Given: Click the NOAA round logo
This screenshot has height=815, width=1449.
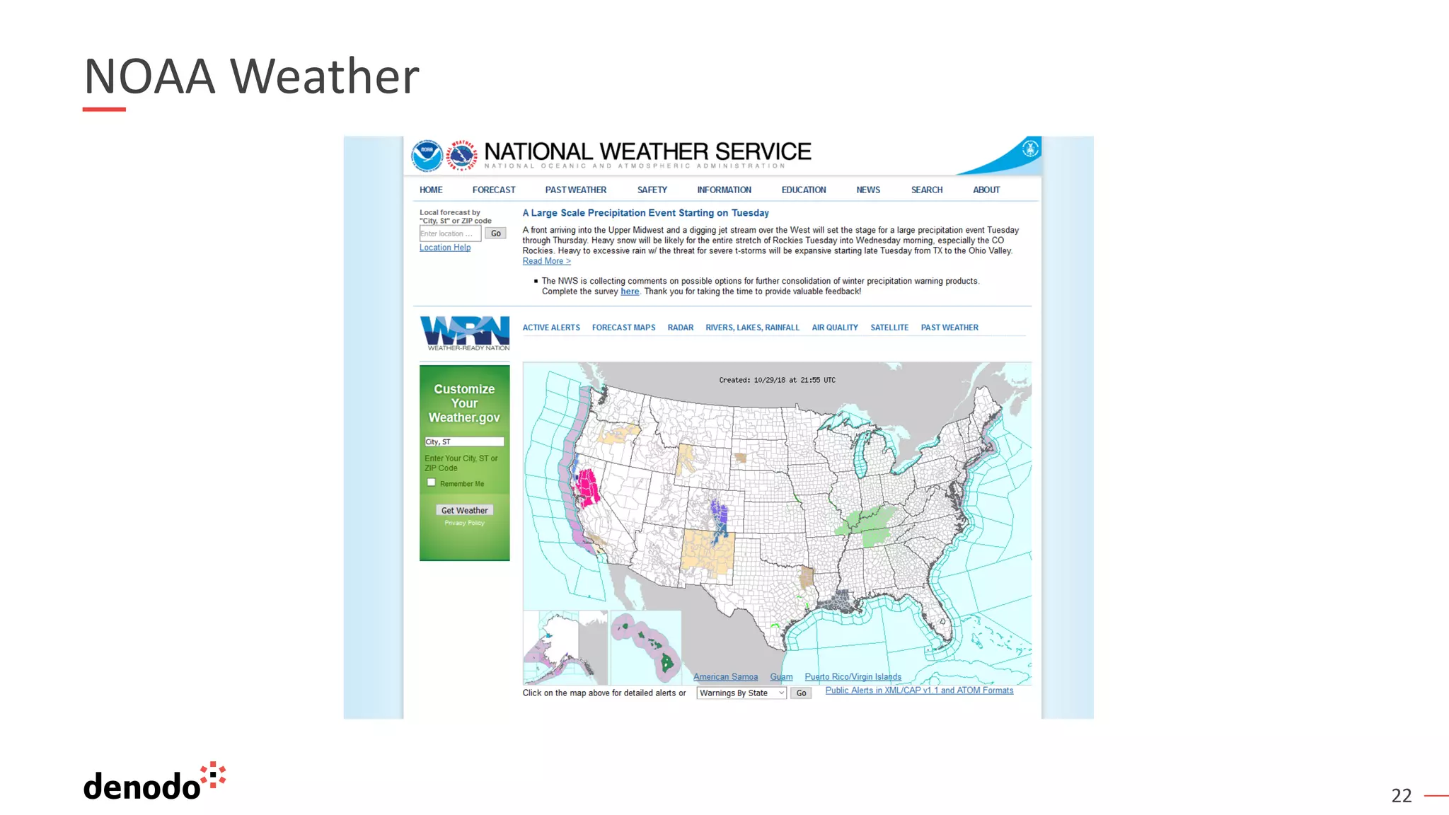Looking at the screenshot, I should tap(427, 155).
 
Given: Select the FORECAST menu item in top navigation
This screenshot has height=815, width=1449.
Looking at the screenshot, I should tap(494, 190).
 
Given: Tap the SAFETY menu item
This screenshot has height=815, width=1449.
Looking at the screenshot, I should tap(652, 190).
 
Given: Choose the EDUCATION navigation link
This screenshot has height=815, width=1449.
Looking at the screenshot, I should tap(804, 190).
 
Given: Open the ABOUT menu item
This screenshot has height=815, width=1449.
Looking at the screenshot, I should tap(986, 190).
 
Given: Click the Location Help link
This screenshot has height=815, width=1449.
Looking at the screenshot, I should tap(445, 248).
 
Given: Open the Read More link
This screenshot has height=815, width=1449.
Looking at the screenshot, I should tap(546, 261).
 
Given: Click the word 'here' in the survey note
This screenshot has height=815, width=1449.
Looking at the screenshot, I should tap(630, 291).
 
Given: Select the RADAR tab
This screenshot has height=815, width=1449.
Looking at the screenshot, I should tap(680, 328).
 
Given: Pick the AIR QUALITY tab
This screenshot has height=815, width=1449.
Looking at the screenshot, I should tap(835, 328).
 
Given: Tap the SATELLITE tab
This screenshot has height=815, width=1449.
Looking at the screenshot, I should tap(889, 328).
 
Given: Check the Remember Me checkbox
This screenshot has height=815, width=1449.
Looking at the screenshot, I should tap(432, 482).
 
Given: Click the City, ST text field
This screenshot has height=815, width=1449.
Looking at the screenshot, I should tap(464, 441).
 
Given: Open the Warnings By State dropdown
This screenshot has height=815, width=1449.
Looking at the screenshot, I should tap(741, 693).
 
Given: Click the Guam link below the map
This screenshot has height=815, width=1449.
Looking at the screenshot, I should tap(781, 677).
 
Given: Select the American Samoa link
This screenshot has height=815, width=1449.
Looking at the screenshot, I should tap(725, 677).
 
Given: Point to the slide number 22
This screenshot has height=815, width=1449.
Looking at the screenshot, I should tap(1401, 796).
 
